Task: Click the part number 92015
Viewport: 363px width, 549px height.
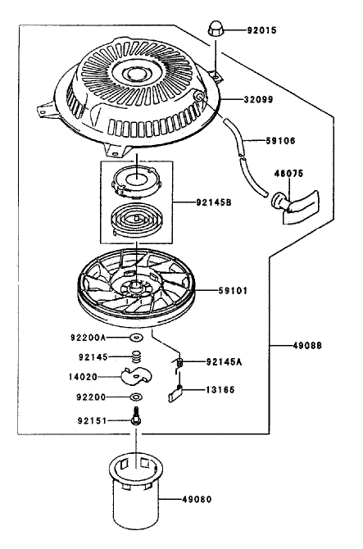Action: pyautogui.click(x=261, y=30)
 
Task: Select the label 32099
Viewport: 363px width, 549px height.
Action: pyautogui.click(x=258, y=100)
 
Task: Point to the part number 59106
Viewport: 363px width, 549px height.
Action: pyautogui.click(x=280, y=141)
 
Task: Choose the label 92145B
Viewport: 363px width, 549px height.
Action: pyautogui.click(x=214, y=202)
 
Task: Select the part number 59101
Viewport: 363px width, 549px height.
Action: pyautogui.click(x=233, y=291)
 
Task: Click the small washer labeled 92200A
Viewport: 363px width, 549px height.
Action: pyautogui.click(x=137, y=338)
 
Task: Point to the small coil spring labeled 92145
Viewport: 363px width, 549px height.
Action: pyautogui.click(x=137, y=357)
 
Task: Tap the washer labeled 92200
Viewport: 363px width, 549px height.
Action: pyautogui.click(x=136, y=397)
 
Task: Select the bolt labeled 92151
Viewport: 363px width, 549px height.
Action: pyautogui.click(x=135, y=416)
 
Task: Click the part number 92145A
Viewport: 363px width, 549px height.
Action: pyautogui.click(x=225, y=361)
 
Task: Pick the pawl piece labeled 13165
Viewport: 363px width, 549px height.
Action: pyautogui.click(x=175, y=393)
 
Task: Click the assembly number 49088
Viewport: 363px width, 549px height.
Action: pyautogui.click(x=307, y=346)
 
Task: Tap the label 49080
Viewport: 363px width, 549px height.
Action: pyautogui.click(x=197, y=499)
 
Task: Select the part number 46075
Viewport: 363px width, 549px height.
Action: pyautogui.click(x=289, y=174)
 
